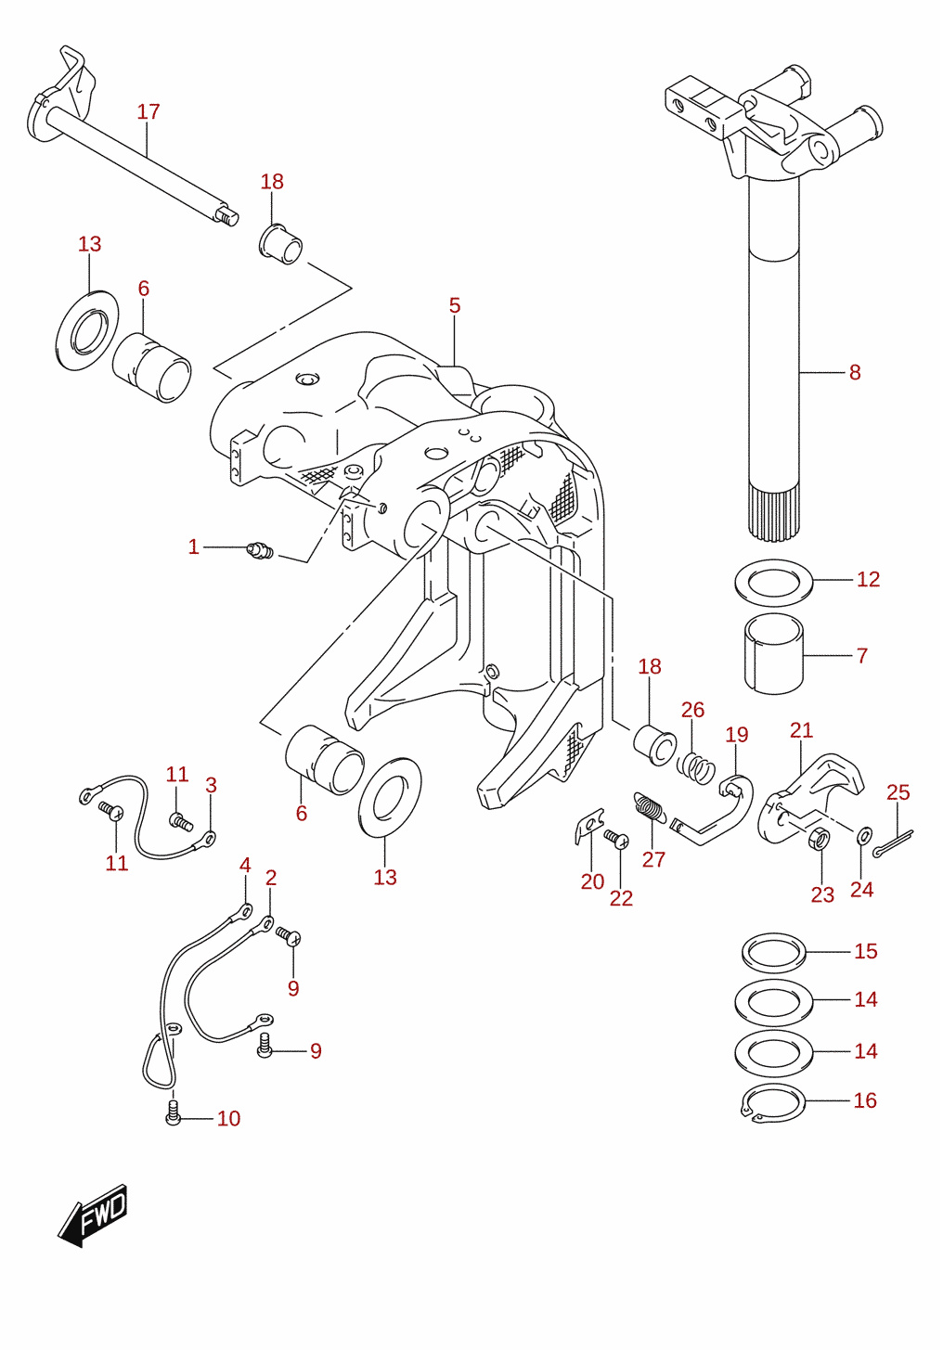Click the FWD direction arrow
92,1215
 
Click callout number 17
149,112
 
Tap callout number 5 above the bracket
455,305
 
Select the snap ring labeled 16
773,1103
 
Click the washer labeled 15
773,953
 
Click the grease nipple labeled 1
260,550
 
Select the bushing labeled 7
774,654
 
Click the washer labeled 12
774,582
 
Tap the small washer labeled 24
864,835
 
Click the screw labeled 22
617,838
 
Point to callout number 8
855,373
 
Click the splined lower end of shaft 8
774,516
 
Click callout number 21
801,730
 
